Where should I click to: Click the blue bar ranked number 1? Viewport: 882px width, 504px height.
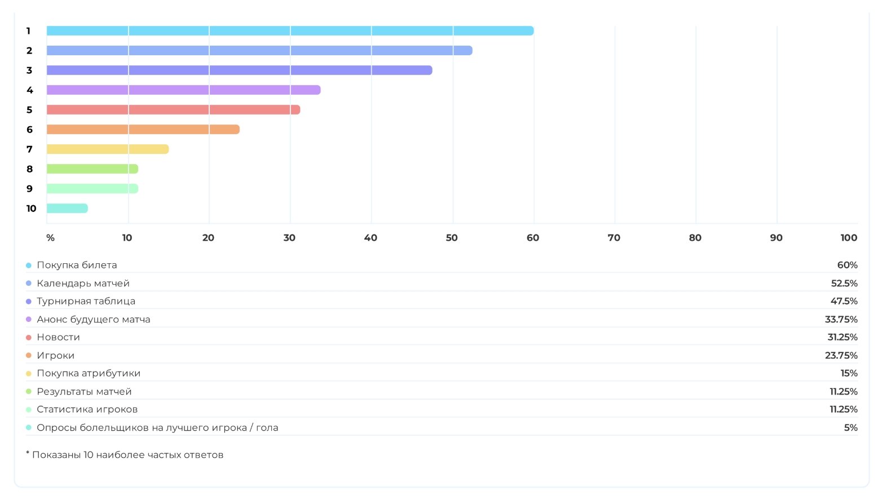290,31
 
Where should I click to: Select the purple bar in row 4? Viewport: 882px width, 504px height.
183,90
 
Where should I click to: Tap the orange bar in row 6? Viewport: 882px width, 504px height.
143,130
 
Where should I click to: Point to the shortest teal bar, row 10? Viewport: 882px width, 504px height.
67,209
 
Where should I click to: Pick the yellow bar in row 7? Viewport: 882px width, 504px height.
107,149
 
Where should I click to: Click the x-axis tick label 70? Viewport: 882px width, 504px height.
614,238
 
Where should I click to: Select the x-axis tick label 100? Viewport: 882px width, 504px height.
848,238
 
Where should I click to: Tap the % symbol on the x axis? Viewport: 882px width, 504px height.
50,238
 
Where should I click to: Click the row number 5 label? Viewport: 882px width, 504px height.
29,110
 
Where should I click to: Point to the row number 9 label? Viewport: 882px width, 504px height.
29,189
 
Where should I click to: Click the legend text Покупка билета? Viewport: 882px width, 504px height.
77,265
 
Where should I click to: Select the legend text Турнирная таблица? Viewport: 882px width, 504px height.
86,301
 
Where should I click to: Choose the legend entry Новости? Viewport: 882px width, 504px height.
58,337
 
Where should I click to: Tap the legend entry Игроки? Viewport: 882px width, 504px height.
55,355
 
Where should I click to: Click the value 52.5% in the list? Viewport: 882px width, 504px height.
844,283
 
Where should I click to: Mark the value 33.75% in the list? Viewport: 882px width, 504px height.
841,319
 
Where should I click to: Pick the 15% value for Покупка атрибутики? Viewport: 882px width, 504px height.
849,373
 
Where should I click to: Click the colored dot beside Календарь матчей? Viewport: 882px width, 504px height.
29,283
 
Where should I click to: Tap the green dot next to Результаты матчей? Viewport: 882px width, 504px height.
29,391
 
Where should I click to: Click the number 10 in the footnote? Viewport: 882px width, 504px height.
88,455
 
